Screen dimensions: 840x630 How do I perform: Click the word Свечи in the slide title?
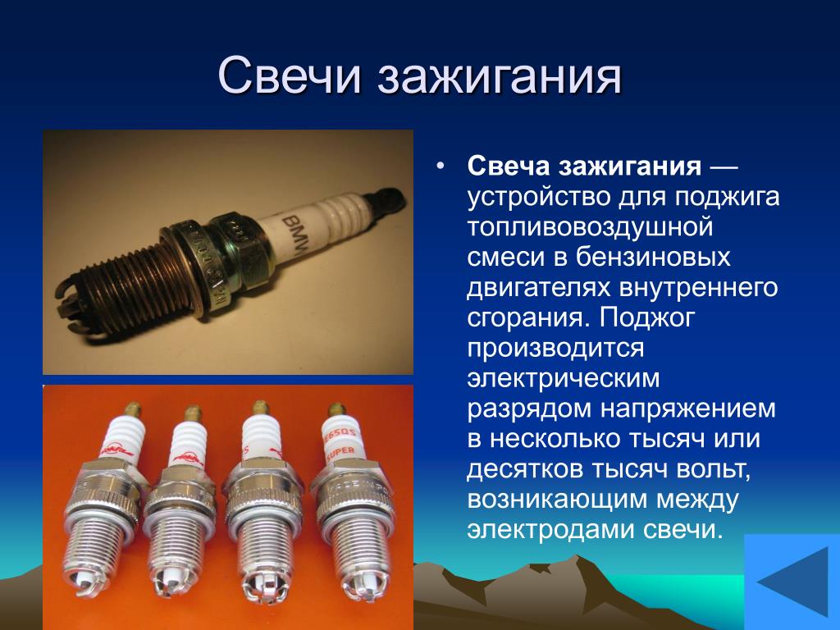pos(290,75)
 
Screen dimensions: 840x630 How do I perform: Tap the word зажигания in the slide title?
pos(500,75)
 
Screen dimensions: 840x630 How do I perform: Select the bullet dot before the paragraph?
pos(441,166)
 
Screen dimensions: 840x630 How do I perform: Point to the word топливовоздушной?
pos(590,226)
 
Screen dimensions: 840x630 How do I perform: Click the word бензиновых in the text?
pos(653,257)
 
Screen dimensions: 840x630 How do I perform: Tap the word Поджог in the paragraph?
pos(646,317)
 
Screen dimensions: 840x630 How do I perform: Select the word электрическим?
pos(563,378)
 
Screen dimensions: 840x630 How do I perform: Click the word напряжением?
pos(688,409)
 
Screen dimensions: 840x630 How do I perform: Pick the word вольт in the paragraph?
pos(713,469)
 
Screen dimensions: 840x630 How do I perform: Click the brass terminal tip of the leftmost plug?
pos(132,410)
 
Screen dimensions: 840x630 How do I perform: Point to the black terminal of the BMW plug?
pos(386,203)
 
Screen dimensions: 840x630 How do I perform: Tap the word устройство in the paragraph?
pos(539,197)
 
